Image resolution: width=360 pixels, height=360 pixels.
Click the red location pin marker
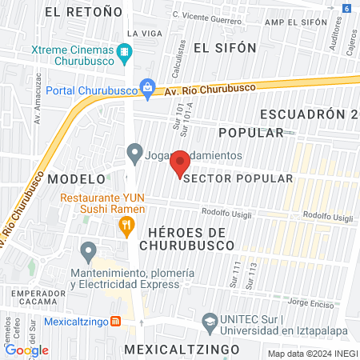180,162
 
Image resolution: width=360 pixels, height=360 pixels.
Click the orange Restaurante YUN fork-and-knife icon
126,227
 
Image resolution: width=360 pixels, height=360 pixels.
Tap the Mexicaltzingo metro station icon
115,322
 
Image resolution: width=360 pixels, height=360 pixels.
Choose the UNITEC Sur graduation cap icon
209,322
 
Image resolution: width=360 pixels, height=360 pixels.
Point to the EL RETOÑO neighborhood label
85,11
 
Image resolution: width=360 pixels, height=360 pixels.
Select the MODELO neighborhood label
77,178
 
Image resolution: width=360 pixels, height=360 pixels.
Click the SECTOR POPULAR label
238,178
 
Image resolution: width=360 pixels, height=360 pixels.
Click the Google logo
26,350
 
